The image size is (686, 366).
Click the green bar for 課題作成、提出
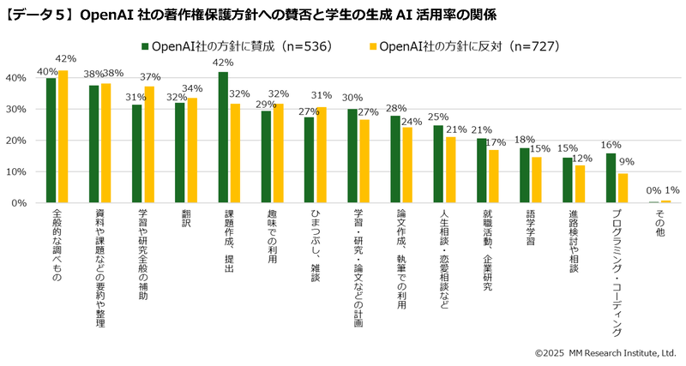click(223, 137)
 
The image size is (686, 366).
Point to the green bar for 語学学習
click(525, 175)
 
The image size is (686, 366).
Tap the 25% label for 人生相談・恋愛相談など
click(438, 117)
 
